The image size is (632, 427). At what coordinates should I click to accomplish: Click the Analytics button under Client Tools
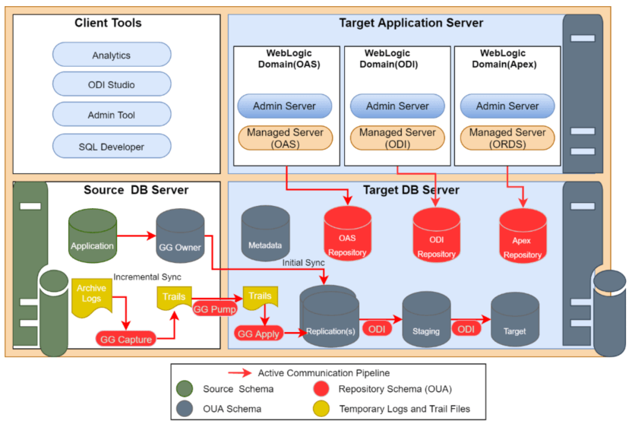[112, 55]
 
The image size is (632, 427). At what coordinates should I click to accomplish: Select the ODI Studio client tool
[112, 85]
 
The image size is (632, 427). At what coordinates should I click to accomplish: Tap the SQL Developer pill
[112, 146]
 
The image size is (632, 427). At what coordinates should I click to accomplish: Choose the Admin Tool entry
[112, 115]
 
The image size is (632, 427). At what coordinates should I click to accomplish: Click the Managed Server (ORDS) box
[507, 138]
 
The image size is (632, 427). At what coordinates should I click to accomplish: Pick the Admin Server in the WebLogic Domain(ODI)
[397, 106]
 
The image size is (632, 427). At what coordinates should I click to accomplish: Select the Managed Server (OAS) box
[285, 138]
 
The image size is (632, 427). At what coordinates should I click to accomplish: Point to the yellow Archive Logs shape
[91, 294]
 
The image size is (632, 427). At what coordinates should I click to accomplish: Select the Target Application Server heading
[410, 23]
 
